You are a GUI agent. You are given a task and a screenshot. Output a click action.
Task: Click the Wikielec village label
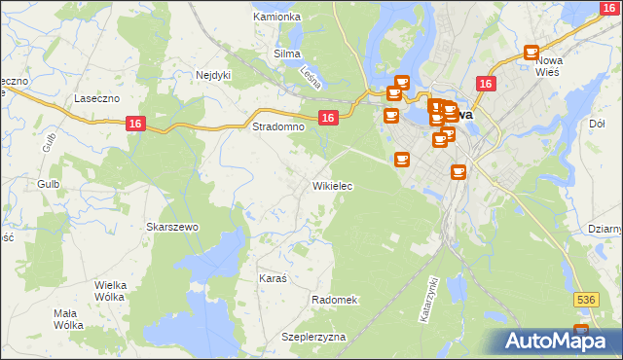(x=332, y=185)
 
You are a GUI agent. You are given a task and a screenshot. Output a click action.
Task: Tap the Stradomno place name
(x=278, y=127)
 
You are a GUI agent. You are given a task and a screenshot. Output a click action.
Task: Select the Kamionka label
(x=276, y=18)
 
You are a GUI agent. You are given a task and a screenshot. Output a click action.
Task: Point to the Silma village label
(x=287, y=54)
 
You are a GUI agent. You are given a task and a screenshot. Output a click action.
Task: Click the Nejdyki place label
(x=213, y=74)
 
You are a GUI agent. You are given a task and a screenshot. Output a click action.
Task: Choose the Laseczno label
(x=97, y=99)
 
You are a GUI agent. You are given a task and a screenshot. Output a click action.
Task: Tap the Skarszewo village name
(x=172, y=227)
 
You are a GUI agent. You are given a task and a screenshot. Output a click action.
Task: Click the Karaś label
(x=273, y=278)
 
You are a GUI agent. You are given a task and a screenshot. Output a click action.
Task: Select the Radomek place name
(x=335, y=300)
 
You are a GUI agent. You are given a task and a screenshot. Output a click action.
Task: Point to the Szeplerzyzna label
(x=313, y=336)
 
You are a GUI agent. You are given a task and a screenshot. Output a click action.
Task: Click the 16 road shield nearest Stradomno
(x=328, y=118)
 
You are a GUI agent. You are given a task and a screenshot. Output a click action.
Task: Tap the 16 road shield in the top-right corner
(x=608, y=8)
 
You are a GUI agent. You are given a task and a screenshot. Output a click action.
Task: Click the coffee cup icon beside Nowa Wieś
(x=531, y=53)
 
